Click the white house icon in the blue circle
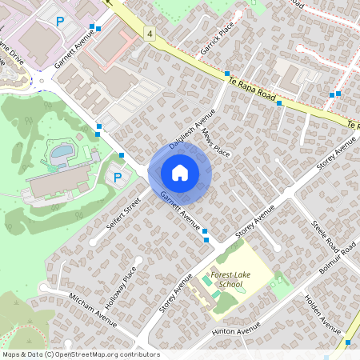180,172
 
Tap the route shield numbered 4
150,33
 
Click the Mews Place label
216,143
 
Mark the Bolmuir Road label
335,262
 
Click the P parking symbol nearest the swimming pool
118,178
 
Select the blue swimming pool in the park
62,151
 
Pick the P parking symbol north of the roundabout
60,21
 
